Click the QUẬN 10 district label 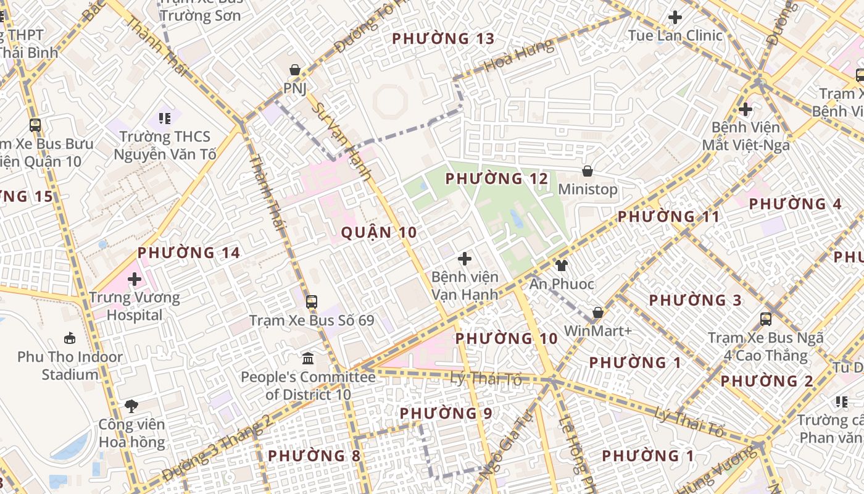tap(379, 233)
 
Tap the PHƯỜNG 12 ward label tap(496, 179)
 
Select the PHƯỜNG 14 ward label tap(189, 253)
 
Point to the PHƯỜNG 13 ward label tap(443, 39)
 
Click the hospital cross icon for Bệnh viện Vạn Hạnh tap(465, 259)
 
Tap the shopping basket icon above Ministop tap(588, 170)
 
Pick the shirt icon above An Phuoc tap(561, 266)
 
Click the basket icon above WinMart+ tap(597, 312)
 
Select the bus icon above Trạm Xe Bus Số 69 tap(312, 301)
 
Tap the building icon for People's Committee tap(307, 358)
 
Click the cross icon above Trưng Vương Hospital tap(135, 279)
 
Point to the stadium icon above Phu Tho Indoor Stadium tap(70, 338)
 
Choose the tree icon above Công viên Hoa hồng tap(131, 406)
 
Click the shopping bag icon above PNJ tap(295, 69)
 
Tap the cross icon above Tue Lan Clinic tap(675, 17)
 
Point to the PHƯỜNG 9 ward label tap(446, 413)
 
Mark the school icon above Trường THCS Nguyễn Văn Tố tap(164, 117)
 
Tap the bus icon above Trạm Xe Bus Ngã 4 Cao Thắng tap(766, 319)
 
